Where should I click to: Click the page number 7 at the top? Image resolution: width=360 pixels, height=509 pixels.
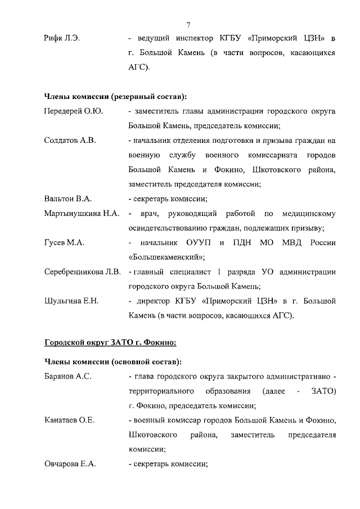pos(188,24)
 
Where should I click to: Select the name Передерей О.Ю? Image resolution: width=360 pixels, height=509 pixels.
pos(73,111)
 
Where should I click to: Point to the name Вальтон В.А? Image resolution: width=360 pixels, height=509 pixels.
pos(67,199)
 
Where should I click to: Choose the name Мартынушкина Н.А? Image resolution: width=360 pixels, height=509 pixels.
pos(82,214)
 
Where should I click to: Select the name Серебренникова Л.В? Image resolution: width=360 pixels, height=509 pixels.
pos(83,272)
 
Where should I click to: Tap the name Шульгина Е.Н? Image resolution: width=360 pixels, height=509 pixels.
pos(71,301)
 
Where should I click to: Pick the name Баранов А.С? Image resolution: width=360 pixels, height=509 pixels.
pos(67,376)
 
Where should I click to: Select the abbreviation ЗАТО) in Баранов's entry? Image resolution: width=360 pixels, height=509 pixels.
pos(323,390)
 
